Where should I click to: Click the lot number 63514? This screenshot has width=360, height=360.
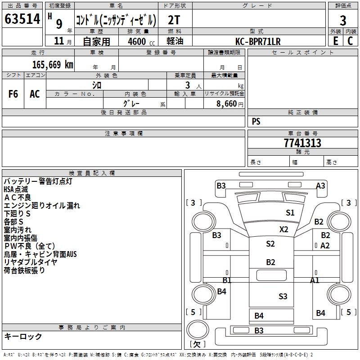point(22,19)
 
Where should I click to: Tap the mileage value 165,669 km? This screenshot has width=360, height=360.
point(53,65)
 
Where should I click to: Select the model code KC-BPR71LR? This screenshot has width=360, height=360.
point(258,41)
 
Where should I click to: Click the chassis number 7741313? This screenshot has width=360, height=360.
point(302,143)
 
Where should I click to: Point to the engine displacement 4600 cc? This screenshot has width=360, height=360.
point(141,41)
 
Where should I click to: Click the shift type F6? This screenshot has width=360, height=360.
point(13,94)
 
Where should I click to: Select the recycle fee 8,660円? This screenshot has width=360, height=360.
point(230,104)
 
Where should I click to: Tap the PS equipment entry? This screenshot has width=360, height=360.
point(256,121)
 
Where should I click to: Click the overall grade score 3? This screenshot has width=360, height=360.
point(343,20)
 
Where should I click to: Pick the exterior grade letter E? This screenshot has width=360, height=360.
point(335,41)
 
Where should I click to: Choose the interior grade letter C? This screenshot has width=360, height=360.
point(350,41)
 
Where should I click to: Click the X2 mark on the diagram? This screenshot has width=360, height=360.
point(284,229)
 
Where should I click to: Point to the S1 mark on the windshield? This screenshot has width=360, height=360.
point(290,213)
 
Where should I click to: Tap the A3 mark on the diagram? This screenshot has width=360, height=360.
point(320,185)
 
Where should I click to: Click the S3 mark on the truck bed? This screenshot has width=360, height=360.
point(283,297)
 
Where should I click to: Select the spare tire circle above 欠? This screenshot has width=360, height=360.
point(198,329)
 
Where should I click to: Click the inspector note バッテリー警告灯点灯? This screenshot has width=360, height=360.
point(38,181)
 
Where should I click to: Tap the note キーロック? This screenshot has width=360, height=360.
point(23,336)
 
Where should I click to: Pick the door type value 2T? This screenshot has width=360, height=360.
point(174,20)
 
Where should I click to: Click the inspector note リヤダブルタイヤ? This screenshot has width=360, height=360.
point(30,262)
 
